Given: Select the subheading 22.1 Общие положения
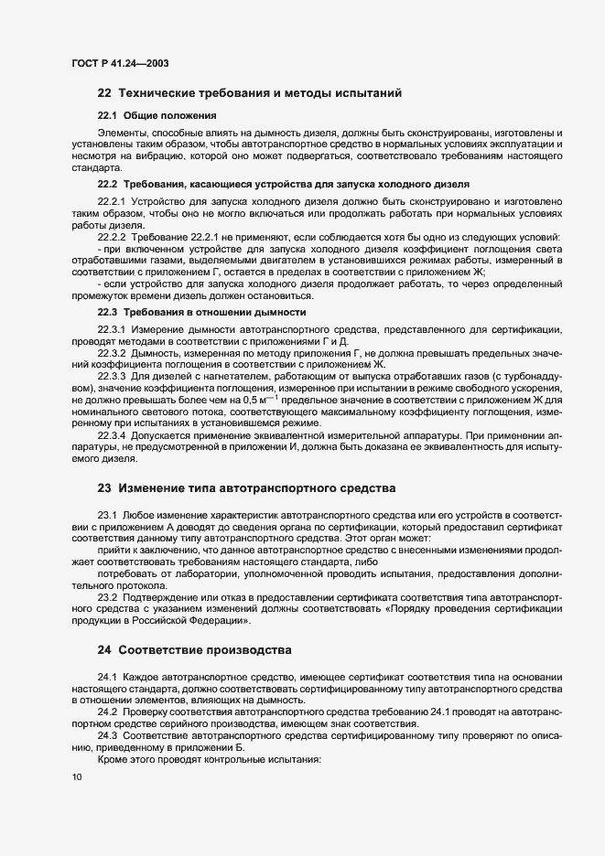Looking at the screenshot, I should tap(157, 115).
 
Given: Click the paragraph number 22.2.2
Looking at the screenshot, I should tap(112, 238).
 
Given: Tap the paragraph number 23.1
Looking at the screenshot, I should tap(108, 516).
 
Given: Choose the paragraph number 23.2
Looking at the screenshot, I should tap(108, 597).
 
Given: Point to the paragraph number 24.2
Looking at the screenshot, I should tap(108, 711).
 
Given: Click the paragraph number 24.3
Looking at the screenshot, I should tap(108, 736).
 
